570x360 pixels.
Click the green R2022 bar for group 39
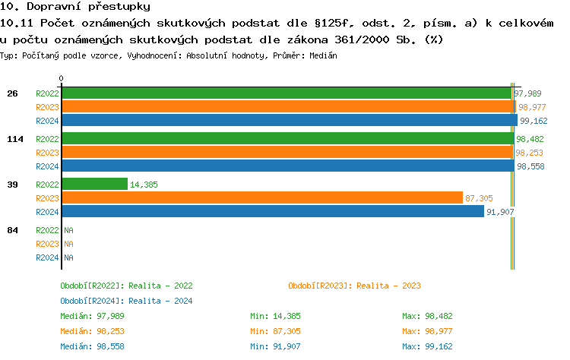pos(94,185)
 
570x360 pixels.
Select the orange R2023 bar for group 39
pos(261,198)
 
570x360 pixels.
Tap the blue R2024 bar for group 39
pos(272,212)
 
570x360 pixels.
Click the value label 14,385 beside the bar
pos(144,185)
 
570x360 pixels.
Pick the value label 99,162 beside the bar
pos(534,121)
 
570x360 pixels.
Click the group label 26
pos(12,93)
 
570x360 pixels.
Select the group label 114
pos(14,139)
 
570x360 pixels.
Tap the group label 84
pos(12,230)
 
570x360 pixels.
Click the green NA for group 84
pos(68,230)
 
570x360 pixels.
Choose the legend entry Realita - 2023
pos(354,286)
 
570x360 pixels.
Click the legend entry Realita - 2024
pos(126,301)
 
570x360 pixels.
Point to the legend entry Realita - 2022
pos(126,286)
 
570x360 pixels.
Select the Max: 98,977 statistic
pos(427,331)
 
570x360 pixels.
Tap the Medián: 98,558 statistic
pos(92,346)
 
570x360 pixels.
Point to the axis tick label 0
pos(61,78)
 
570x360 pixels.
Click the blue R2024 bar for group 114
pos(287,166)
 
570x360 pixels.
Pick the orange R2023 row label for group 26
pos(47,107)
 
